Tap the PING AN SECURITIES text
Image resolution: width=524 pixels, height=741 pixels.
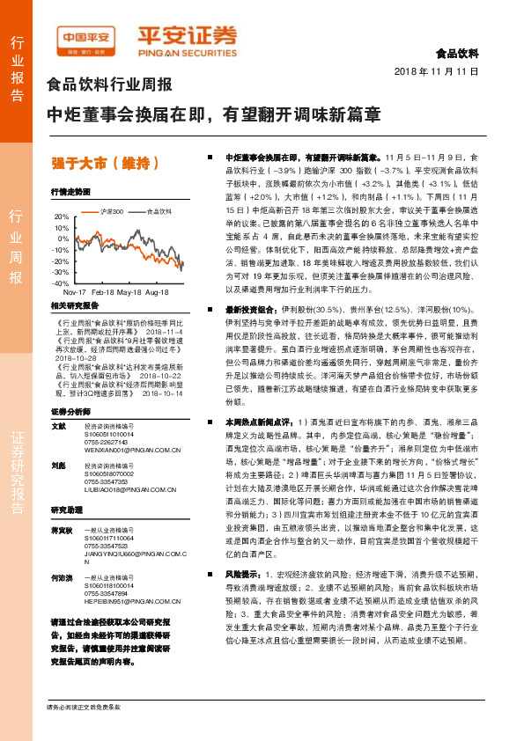click(186, 51)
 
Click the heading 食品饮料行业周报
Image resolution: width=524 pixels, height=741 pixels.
click(108, 85)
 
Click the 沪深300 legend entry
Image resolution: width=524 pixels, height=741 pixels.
click(109, 211)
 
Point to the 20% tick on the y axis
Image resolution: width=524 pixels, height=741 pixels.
click(60, 216)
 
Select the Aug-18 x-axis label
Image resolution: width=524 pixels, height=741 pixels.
click(159, 292)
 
